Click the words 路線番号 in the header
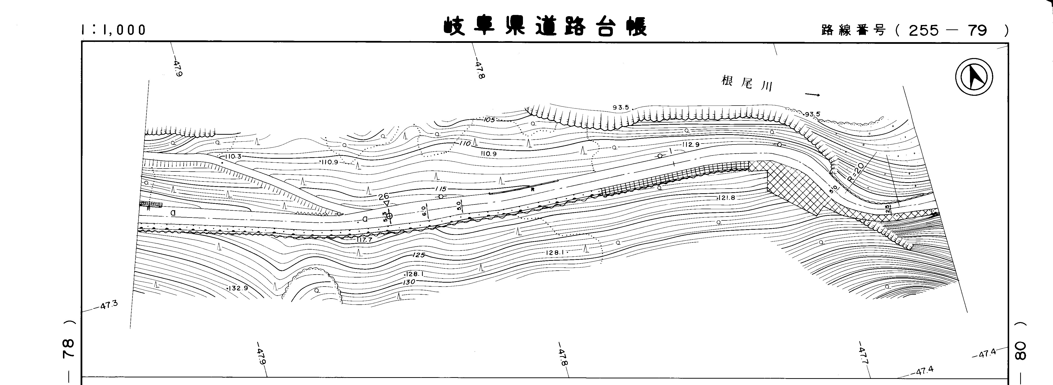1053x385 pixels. point(853,30)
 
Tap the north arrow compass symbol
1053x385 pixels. point(975,77)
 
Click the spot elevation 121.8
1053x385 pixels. point(726,198)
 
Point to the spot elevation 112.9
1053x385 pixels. point(691,145)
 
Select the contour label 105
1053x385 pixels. point(489,120)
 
